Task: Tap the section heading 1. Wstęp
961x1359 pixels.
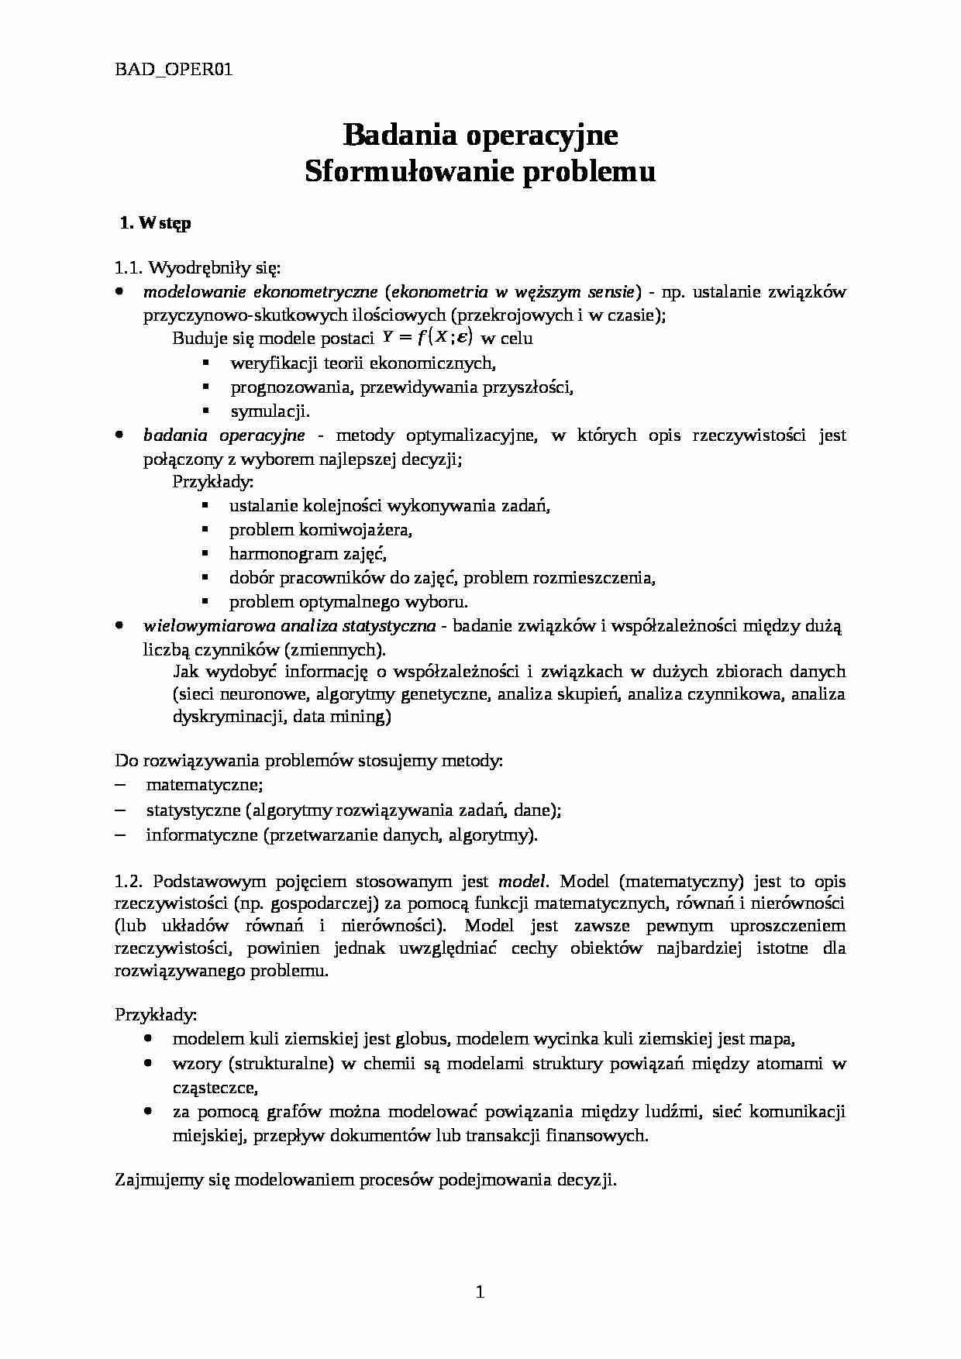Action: [x=156, y=223]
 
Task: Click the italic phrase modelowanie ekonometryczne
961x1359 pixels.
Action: [x=260, y=292]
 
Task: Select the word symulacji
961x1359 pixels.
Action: [x=270, y=411]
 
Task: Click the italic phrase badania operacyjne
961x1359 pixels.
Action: [x=224, y=435]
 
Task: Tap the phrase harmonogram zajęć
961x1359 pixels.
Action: [x=308, y=554]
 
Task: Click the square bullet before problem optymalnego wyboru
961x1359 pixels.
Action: [x=205, y=600]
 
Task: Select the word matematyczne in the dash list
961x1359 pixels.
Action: [x=204, y=785]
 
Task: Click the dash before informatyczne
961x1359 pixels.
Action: [x=120, y=834]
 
